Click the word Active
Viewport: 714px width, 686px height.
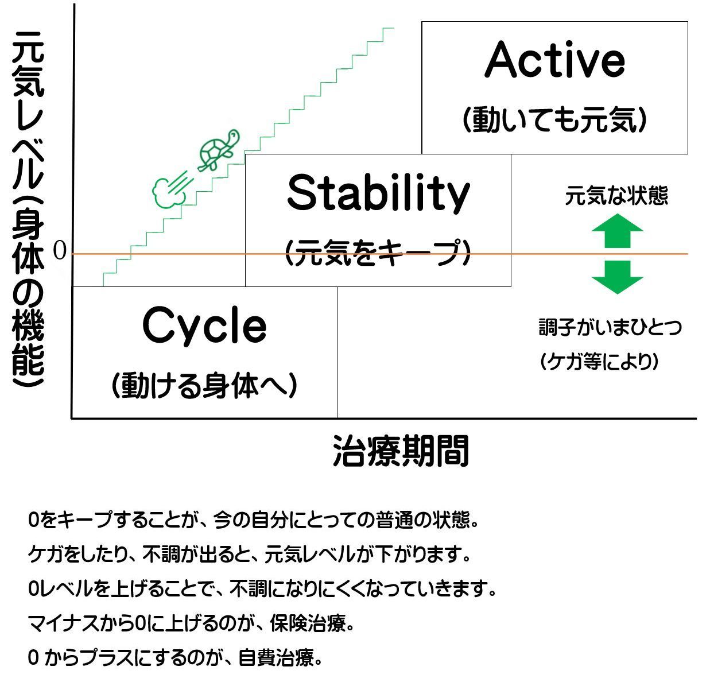click(554, 60)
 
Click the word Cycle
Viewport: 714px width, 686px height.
click(204, 326)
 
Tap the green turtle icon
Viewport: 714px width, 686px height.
click(219, 150)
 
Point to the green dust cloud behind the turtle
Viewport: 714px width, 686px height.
click(172, 189)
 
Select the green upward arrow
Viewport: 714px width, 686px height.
click(617, 231)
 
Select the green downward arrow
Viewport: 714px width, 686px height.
click(617, 277)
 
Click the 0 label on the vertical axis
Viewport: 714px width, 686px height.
click(60, 251)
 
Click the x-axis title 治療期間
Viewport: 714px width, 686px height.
click(401, 451)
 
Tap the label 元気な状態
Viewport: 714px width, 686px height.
click(616, 195)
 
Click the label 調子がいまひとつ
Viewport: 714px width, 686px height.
click(610, 327)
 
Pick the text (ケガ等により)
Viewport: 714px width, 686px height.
click(599, 362)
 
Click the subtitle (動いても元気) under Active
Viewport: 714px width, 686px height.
click(555, 119)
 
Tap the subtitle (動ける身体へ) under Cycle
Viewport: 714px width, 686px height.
click(204, 385)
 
